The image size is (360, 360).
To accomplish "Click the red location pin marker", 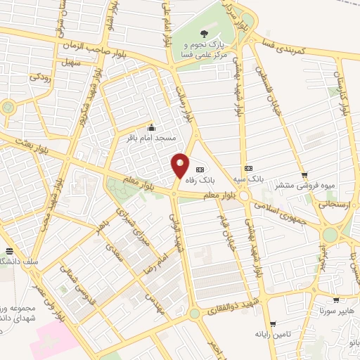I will [180, 166].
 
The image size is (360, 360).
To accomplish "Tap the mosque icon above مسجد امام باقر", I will [150, 127].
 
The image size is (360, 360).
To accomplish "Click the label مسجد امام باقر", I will [150, 138].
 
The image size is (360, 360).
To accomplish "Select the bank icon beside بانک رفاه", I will [199, 169].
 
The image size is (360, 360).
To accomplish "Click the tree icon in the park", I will [205, 32].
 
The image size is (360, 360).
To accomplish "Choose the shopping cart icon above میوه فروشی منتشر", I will [304, 176].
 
